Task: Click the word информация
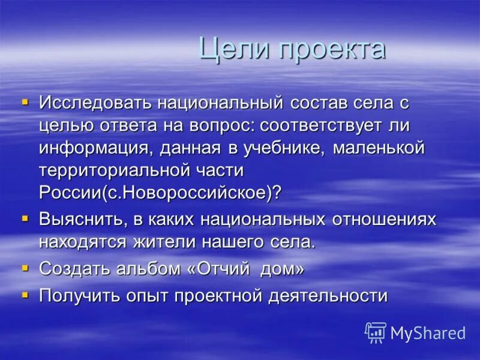pos(97,148)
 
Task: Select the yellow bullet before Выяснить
pos(25,218)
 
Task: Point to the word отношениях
pos(384,220)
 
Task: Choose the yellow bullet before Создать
pos(25,268)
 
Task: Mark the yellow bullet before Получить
pos(25,295)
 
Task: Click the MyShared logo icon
pos(375,332)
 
